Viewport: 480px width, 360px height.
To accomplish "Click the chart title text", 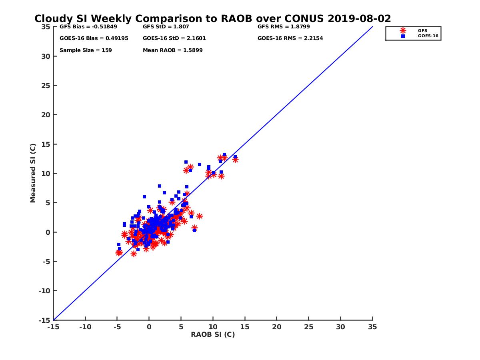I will click(x=212, y=19).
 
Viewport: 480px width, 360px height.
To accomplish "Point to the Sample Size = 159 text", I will click(x=86, y=50).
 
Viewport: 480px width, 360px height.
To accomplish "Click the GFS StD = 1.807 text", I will click(x=166, y=27).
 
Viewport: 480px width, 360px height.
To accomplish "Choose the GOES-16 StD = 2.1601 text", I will click(x=174, y=38).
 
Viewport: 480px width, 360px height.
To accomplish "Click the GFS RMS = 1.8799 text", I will click(x=283, y=27).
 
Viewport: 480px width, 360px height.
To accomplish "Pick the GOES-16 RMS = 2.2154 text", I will click(x=290, y=38).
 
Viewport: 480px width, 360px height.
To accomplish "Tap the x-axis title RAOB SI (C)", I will click(x=213, y=334).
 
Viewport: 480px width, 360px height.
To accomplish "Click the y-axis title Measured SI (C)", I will click(x=33, y=173).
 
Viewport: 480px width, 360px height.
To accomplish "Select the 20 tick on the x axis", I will click(x=277, y=327).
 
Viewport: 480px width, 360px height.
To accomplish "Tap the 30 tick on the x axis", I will click(x=341, y=327).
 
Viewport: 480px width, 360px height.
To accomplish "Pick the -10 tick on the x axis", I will click(x=85, y=327).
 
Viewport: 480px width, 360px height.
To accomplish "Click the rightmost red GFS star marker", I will click(x=235, y=160).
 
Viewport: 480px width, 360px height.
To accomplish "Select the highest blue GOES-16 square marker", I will click(x=224, y=154).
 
